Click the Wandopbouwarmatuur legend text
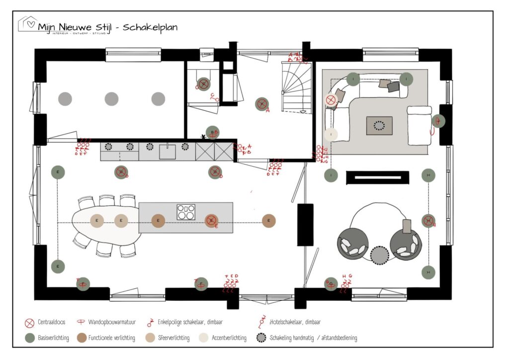point(111,322)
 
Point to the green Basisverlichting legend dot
point(29,338)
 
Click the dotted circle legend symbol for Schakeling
point(261,338)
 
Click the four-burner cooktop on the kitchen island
point(186,212)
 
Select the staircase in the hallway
point(296,87)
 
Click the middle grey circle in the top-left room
point(111,99)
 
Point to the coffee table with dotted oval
point(379,126)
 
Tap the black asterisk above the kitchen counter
point(203,137)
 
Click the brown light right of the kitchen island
point(268,221)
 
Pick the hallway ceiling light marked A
point(261,104)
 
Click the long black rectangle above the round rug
point(377,178)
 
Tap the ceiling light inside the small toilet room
point(203,84)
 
